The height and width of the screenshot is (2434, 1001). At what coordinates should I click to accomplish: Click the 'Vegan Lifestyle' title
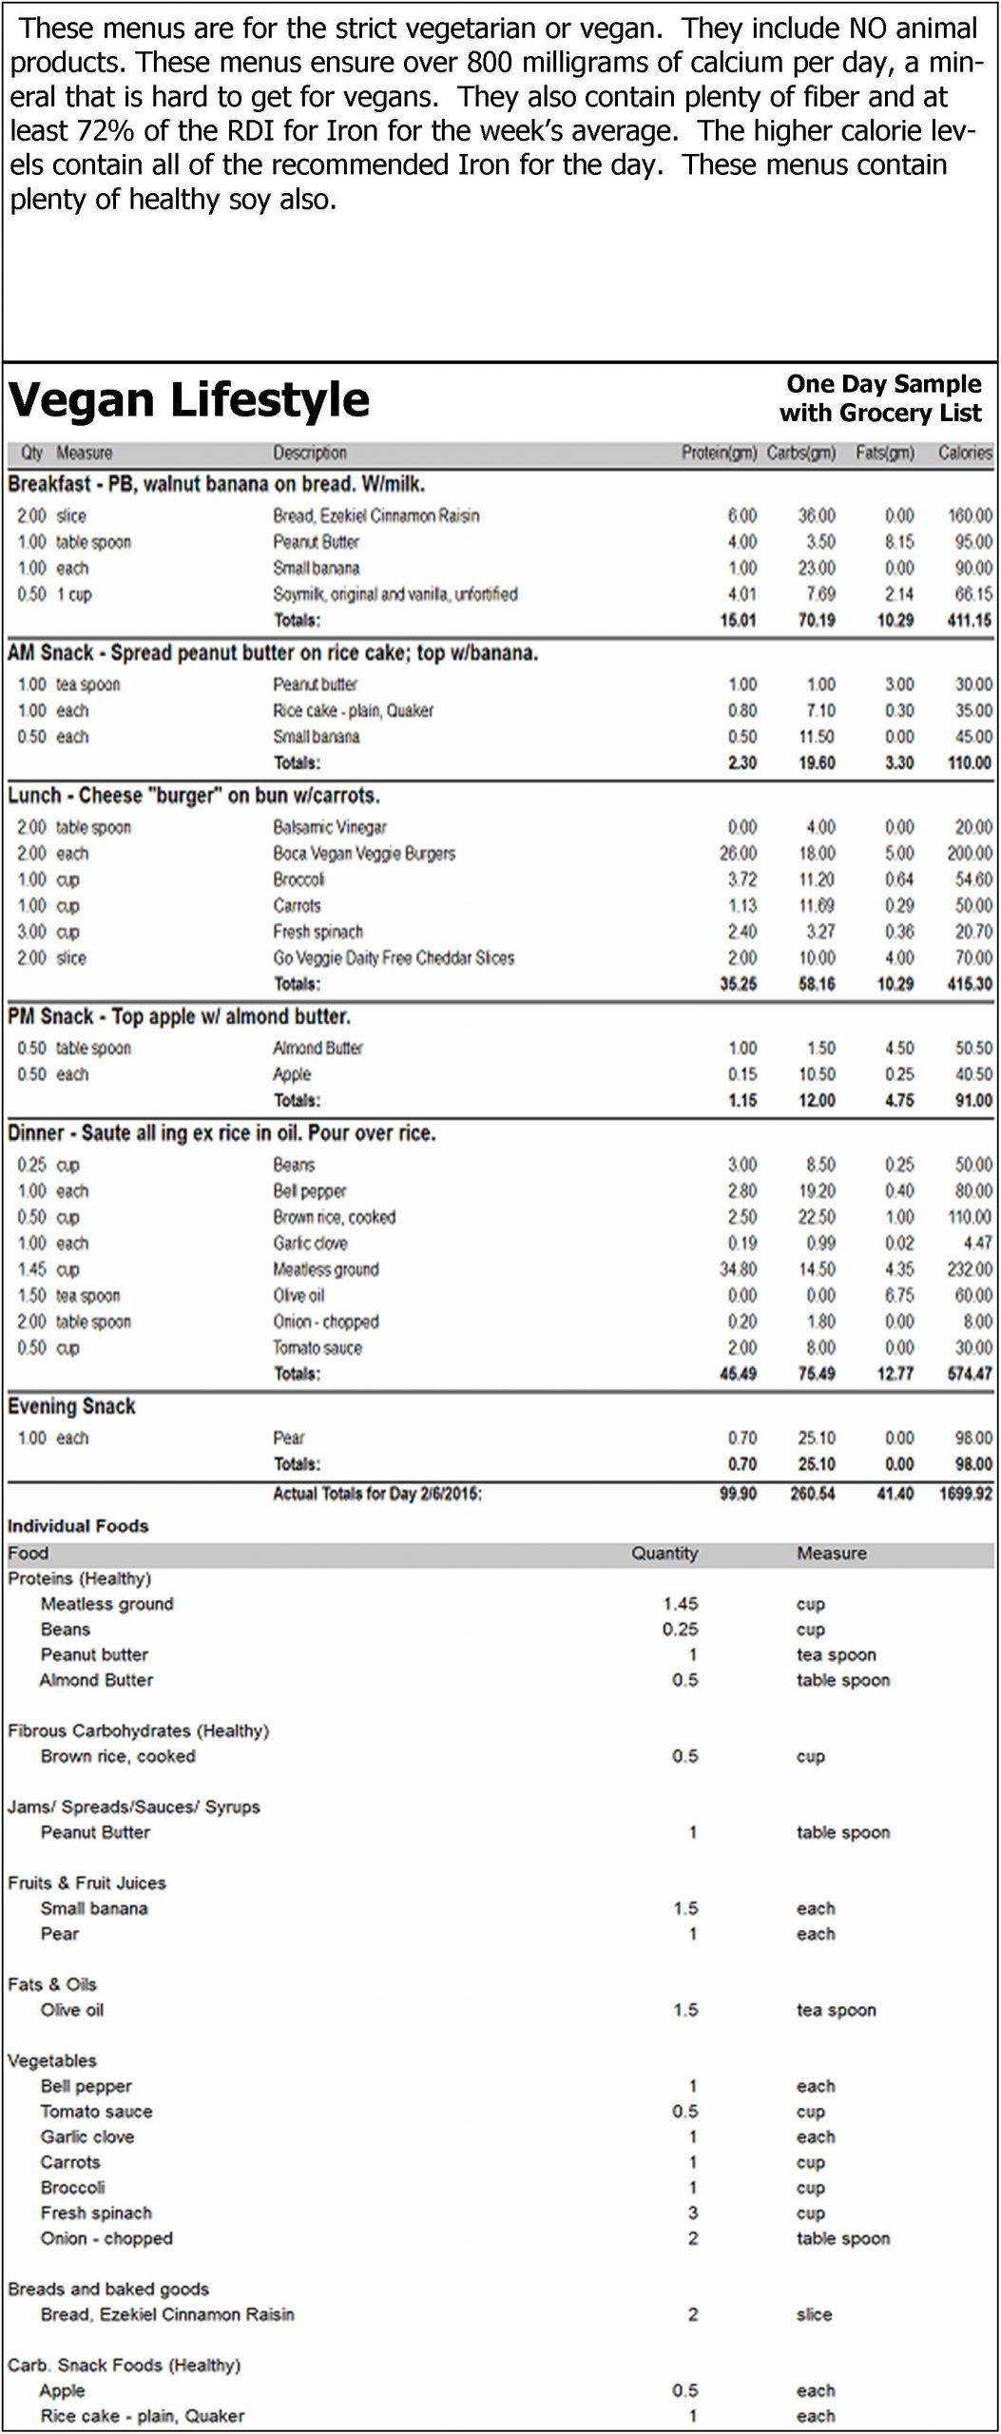point(188,400)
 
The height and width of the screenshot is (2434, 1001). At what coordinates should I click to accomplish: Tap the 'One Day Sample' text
point(883,384)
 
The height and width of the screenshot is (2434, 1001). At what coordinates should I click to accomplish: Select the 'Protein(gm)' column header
point(718,454)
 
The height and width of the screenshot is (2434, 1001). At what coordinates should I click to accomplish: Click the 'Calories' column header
point(964,454)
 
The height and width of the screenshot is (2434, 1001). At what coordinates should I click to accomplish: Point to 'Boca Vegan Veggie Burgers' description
point(364,854)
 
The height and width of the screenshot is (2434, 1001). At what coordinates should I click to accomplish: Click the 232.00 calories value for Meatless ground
point(969,1269)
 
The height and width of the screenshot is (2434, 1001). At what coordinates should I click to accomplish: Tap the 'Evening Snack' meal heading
point(71,1406)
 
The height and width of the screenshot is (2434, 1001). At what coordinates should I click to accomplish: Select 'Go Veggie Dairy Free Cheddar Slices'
point(394,958)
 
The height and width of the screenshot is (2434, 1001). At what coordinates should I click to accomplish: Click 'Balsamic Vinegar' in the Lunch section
point(330,827)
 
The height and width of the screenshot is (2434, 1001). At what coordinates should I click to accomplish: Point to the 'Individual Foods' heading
point(78,1526)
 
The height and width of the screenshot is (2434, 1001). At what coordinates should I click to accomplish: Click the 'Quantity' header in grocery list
point(664,1554)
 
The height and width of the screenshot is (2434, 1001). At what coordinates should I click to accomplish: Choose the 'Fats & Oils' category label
point(52,1984)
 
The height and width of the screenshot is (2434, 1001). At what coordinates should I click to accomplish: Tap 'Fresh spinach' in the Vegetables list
point(96,2212)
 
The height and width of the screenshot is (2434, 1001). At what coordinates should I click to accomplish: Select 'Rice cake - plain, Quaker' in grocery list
point(142,2415)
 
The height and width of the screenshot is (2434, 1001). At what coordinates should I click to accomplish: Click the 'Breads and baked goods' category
point(108,2289)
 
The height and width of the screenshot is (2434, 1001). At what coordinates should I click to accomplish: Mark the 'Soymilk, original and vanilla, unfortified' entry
point(395,594)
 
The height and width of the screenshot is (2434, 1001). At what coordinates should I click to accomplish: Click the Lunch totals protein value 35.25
point(738,984)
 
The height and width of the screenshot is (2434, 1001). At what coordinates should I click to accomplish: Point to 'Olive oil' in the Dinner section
point(298,1296)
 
